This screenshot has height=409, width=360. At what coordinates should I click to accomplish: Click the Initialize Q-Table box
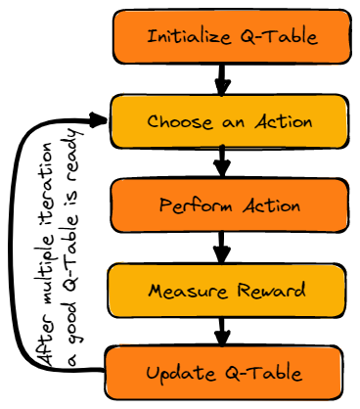point(231,37)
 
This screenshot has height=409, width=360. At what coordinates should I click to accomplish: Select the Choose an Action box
point(229,121)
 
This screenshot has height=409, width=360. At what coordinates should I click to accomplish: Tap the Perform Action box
point(229,205)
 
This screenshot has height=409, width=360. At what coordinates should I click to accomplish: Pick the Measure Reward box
point(226,291)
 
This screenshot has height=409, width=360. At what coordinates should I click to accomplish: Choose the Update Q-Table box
point(224,373)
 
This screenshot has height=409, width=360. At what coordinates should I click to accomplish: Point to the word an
point(231,123)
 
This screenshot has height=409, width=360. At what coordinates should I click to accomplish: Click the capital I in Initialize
point(151,37)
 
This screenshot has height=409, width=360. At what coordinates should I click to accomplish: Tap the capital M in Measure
point(155,291)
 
